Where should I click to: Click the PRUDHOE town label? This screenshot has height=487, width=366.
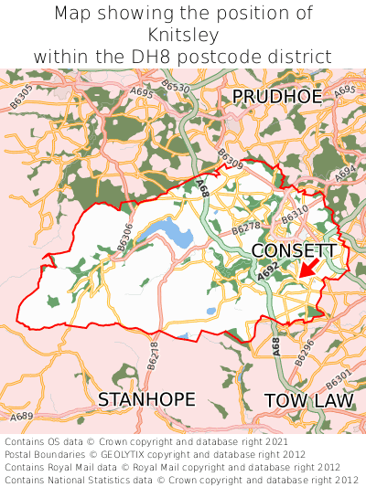pyautogui.click(x=276, y=97)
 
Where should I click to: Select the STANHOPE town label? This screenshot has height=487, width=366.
pyautogui.click(x=146, y=399)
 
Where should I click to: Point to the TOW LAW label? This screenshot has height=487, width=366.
pyautogui.click(x=307, y=400)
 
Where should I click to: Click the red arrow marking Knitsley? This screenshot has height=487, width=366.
pyautogui.click(x=308, y=267)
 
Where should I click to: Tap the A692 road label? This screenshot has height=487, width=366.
pyautogui.click(x=267, y=269)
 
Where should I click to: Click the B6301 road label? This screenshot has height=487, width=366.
pyautogui.click(x=338, y=377)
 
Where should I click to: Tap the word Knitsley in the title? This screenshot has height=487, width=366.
pyautogui.click(x=182, y=35)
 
